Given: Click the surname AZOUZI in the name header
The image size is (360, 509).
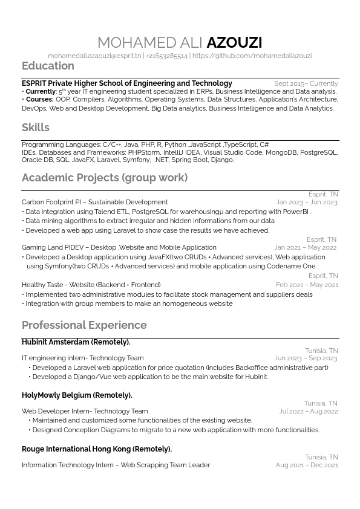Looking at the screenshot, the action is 234,42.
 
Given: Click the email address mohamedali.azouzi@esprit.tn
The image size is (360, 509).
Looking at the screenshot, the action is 94,56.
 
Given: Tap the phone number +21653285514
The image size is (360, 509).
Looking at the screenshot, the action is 166,56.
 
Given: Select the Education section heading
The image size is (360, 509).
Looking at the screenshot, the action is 48,66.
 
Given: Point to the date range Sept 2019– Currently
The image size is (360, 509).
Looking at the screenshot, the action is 306,83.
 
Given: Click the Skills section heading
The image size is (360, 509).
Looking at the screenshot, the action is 36,128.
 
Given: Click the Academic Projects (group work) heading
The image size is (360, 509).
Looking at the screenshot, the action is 105,178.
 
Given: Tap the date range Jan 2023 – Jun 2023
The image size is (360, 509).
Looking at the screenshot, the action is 307,203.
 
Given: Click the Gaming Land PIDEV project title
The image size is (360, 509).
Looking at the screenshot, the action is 119,247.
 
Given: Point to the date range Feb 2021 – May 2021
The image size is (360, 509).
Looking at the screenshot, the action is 307,285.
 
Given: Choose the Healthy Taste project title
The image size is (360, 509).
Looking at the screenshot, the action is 91,285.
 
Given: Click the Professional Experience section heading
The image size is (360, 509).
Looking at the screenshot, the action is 84,325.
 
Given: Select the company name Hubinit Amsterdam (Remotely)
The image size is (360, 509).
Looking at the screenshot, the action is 76,342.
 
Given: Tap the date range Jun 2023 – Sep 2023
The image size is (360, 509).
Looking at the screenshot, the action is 306,358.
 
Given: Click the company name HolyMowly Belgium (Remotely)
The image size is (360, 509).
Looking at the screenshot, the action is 77,395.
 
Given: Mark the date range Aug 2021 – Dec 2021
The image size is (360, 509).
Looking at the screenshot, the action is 307,465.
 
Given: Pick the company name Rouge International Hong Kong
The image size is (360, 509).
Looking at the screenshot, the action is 96,449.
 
